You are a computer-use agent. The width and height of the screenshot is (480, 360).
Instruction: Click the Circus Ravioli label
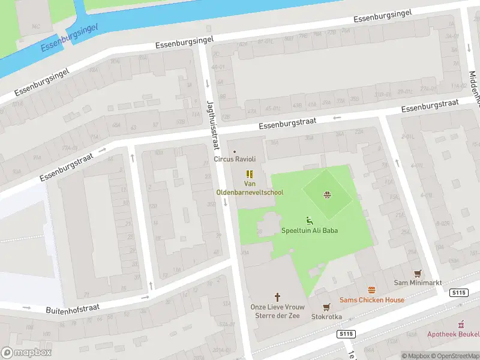tap(235, 159)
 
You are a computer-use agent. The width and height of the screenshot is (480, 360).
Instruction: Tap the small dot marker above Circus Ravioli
tap(235, 151)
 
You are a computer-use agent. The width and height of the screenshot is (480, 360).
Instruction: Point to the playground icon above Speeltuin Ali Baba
tap(310, 220)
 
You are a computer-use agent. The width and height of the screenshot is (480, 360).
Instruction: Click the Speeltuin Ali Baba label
tap(310, 230)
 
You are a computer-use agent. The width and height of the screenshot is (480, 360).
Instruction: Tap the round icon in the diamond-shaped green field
tap(327, 194)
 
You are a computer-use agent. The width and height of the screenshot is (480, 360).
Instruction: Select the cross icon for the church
tap(277, 296)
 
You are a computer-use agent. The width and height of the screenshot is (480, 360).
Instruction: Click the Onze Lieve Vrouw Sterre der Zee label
tap(277, 311)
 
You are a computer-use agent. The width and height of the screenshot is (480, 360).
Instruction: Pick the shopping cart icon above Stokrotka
tap(326, 307)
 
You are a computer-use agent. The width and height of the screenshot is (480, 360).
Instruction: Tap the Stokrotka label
tap(326, 317)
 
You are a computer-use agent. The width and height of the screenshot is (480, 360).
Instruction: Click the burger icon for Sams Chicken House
tap(371, 290)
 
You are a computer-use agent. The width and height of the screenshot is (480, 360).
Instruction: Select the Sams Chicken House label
tap(371, 300)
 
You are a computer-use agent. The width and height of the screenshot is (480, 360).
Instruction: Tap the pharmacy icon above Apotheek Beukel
tap(461, 324)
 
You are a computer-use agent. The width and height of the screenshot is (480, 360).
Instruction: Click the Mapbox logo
tap(25, 352)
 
